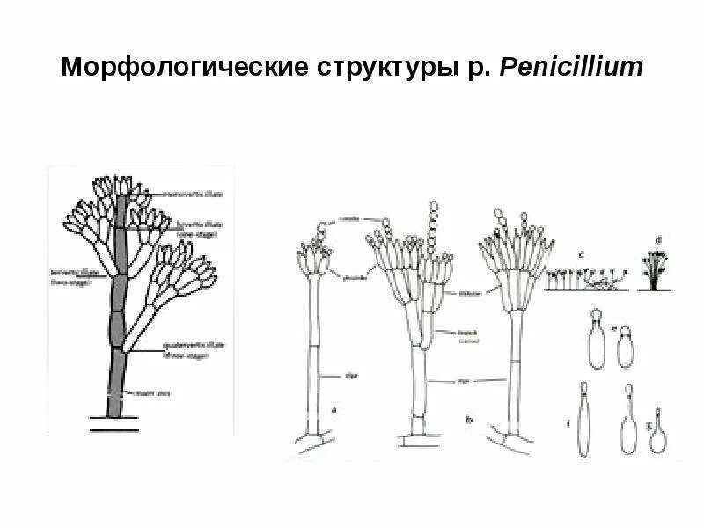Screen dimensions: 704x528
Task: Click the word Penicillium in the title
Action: tap(572, 69)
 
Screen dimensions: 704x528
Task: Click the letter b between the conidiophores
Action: tap(469, 422)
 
